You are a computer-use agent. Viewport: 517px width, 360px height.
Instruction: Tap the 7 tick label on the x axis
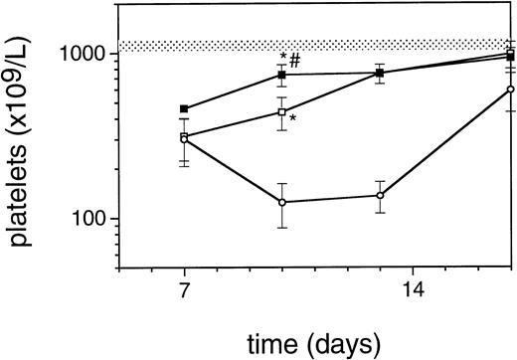185,293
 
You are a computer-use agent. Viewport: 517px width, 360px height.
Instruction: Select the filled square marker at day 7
185,108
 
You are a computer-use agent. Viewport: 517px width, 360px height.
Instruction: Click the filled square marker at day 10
282,75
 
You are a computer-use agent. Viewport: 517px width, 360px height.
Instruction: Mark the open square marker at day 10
282,112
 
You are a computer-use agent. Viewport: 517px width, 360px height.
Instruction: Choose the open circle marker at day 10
282,202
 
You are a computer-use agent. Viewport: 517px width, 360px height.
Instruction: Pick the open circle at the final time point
510,90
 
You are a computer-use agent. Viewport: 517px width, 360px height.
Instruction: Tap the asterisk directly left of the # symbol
284,57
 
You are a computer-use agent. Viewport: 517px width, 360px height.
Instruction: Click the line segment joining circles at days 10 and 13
331,199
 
